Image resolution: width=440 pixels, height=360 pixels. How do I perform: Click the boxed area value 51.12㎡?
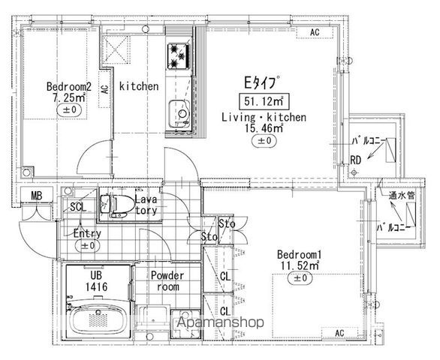pyautogui.click(x=264, y=101)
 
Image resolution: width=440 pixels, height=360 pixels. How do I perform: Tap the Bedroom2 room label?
pyautogui.click(x=69, y=86)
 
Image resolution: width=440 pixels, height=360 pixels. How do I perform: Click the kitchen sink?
pyautogui.click(x=179, y=113)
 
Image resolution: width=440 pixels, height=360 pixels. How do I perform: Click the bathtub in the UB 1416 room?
pyautogui.click(x=98, y=319)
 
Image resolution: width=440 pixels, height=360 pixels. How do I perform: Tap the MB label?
pyautogui.click(x=36, y=196)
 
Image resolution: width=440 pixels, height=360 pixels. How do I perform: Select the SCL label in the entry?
pyautogui.click(x=78, y=207)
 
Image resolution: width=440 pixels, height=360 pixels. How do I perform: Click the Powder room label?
pyautogui.click(x=167, y=281)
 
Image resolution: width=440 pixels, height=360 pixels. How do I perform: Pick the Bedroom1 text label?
pyautogui.click(x=299, y=255)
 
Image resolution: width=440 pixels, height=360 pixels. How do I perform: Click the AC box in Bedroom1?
pyautogui.click(x=339, y=333)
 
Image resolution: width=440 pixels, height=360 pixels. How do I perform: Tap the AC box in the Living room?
pyautogui.click(x=315, y=32)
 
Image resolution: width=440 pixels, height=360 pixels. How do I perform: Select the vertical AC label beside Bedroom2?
pyautogui.click(x=104, y=89)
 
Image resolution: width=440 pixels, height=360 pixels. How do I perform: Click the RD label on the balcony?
pyautogui.click(x=355, y=160)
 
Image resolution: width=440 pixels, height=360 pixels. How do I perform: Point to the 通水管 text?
pyautogui.click(x=401, y=196)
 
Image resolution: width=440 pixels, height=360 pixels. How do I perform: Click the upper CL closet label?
pyautogui.click(x=225, y=277)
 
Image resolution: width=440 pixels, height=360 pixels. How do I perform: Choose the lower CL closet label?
pyautogui.click(x=225, y=311)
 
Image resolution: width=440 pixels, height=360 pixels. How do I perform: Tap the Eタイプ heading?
pyautogui.click(x=262, y=82)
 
